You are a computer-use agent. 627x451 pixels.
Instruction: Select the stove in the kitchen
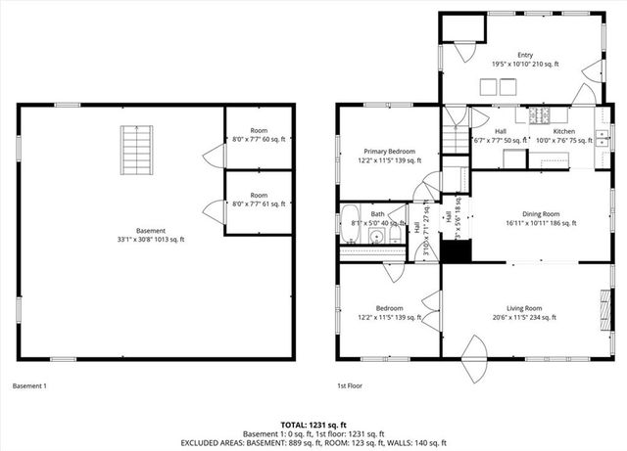click(x=540, y=116)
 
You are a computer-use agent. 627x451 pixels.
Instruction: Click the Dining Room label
click(x=540, y=218)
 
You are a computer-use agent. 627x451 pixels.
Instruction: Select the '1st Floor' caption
click(x=351, y=385)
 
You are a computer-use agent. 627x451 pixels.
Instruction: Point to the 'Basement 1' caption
click(x=29, y=385)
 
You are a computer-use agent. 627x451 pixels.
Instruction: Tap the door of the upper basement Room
click(x=210, y=154)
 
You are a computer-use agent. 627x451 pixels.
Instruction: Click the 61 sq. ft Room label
click(x=259, y=200)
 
